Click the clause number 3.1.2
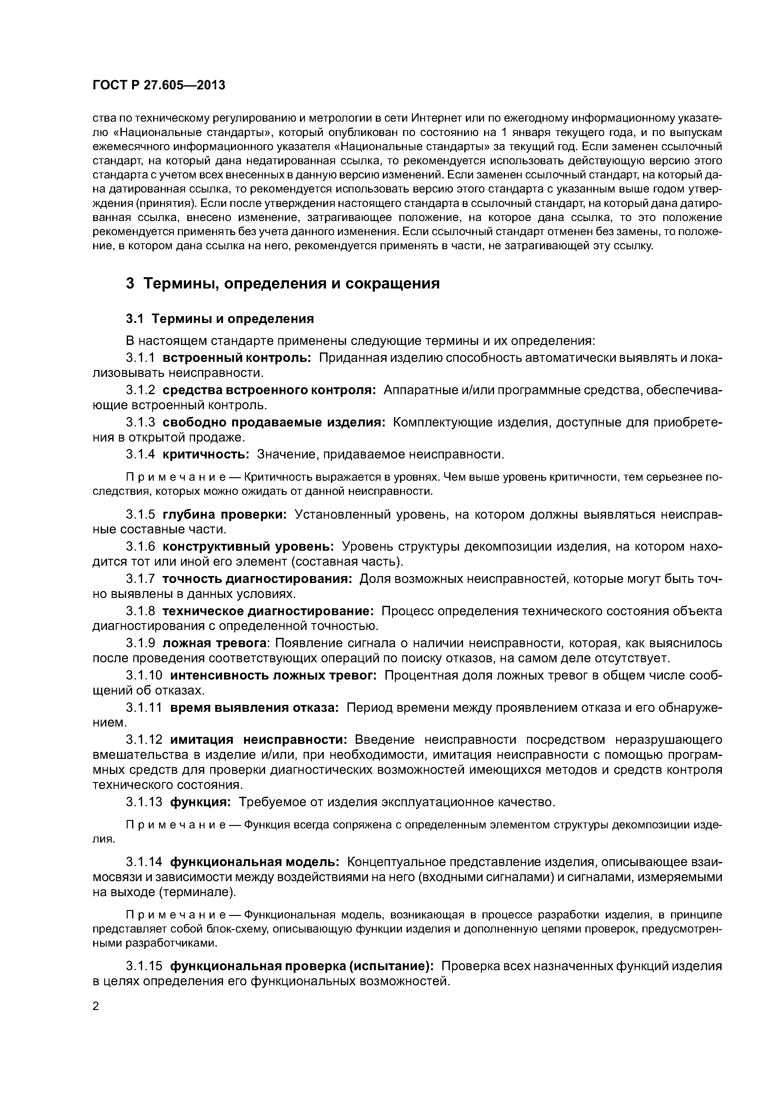tap(141, 390)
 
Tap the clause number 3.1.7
tap(141, 579)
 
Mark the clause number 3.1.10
tap(145, 675)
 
